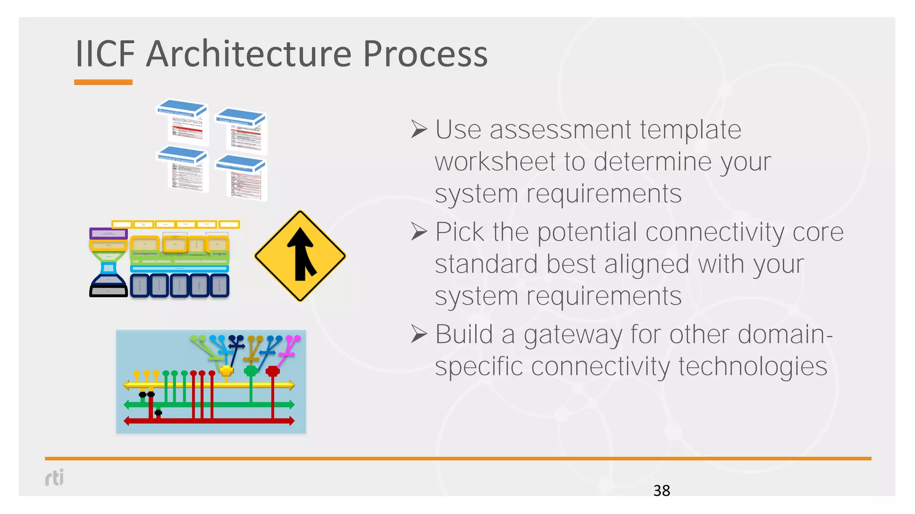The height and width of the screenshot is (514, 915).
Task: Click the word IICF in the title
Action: (x=105, y=54)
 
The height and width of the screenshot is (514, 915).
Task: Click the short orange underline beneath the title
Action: (x=103, y=82)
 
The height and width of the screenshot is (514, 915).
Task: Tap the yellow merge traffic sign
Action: (x=300, y=256)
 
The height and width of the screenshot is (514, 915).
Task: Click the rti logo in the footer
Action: (x=55, y=477)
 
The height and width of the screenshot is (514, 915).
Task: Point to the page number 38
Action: (x=661, y=491)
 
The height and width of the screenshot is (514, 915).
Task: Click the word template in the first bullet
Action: (x=690, y=130)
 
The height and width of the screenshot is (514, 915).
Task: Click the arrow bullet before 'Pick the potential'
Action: (x=419, y=232)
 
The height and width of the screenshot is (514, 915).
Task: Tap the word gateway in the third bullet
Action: (x=573, y=335)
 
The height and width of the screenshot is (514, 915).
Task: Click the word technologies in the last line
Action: (x=753, y=367)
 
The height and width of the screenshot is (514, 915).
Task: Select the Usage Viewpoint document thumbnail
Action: (x=242, y=131)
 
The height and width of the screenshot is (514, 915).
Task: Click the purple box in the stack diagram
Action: (x=109, y=233)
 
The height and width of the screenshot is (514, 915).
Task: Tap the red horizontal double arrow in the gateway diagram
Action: (x=209, y=421)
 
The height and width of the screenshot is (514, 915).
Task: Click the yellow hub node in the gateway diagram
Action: (x=227, y=370)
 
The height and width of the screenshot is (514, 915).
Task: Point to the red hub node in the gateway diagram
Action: (x=273, y=371)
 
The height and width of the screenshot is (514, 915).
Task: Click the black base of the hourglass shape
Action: (x=109, y=291)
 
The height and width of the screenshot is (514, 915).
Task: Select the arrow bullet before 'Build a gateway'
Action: (x=419, y=334)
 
